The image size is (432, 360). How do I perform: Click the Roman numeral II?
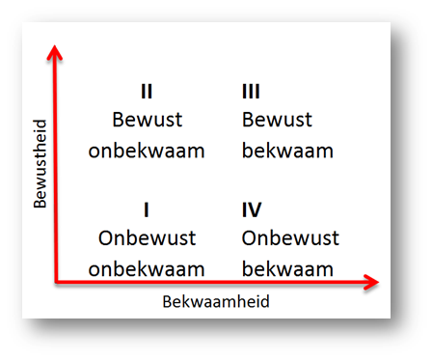point(147,92)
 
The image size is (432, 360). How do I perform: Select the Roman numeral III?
point(251,92)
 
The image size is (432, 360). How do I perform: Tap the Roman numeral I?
point(147,209)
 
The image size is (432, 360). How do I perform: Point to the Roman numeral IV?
point(252,209)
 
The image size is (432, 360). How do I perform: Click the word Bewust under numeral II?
point(148,120)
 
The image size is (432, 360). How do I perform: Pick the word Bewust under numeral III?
point(277,120)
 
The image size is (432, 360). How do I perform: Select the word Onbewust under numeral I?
point(148,238)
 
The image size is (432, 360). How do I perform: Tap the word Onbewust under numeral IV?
point(290,238)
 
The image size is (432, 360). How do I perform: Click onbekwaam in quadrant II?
point(147,151)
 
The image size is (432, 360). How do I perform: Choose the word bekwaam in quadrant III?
point(287,151)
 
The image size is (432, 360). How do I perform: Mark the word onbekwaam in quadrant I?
point(147,269)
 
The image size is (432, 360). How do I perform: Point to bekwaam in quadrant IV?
point(287,269)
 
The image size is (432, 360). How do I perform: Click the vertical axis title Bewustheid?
point(40,164)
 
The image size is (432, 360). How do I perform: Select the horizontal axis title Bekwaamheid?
point(216,302)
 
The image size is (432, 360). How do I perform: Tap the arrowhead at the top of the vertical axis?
point(55,52)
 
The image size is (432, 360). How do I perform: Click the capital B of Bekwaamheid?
point(167,302)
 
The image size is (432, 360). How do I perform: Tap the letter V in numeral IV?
point(255,209)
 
